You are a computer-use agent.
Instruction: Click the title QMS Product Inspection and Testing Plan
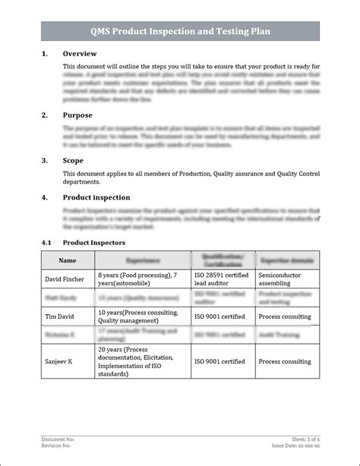pyautogui.click(x=180, y=31)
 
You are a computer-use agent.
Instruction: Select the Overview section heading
pyautogui.click(x=79, y=54)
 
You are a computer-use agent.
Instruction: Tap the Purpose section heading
pyautogui.click(x=77, y=115)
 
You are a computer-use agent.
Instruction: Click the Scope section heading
pyautogui.click(x=73, y=160)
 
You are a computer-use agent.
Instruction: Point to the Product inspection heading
pyautogui.click(x=96, y=197)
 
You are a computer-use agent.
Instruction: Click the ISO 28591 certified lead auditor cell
pyautogui.click(x=222, y=279)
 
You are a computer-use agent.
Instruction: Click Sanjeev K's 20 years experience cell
pyautogui.click(x=137, y=362)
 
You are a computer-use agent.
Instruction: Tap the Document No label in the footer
pyautogui.click(x=58, y=439)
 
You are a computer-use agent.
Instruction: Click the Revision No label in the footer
pyautogui.click(x=57, y=446)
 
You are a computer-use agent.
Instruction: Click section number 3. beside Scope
pyautogui.click(x=44, y=160)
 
